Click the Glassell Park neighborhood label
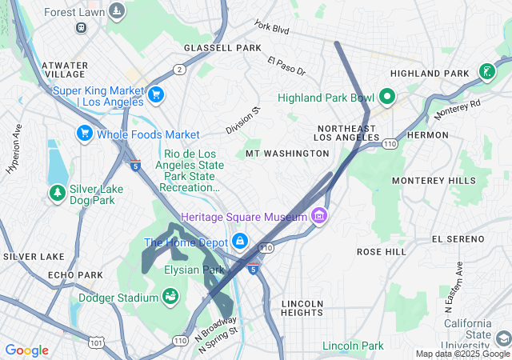pos(222,48)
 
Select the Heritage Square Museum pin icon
pos(319,217)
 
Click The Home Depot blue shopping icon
pos(239,242)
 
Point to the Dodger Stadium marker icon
pos(170,298)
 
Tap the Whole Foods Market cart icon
pos(84,134)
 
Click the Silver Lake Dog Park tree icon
pos(57,193)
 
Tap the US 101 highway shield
pos(96,342)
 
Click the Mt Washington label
pos(277,153)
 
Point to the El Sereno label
pos(458,239)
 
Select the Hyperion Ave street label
pos(14,150)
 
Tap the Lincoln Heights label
pos(302,308)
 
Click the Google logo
pos(26,350)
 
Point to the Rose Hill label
pos(382,251)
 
